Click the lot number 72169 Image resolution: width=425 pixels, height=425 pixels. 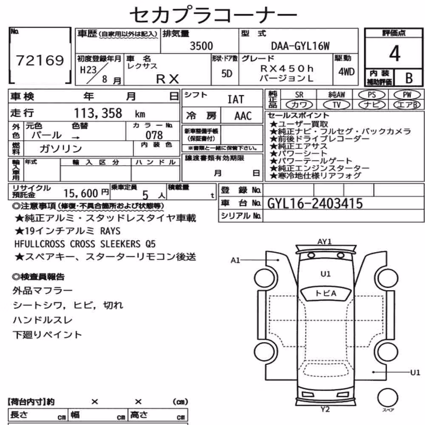[40, 60]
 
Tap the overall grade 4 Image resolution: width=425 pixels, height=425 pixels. [395, 53]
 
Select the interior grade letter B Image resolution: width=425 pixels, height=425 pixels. [409, 78]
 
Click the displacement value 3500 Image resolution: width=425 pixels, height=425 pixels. [201, 46]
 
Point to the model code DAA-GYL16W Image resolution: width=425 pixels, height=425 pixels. [300, 46]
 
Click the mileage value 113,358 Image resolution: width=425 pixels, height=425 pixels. [98, 113]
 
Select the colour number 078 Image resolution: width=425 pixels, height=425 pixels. [154, 135]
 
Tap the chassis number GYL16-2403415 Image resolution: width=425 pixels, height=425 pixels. [314, 203]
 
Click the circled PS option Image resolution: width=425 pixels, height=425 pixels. [371, 95]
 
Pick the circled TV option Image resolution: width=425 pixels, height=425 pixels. [336, 105]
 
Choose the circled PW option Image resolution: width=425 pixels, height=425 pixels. [407, 95]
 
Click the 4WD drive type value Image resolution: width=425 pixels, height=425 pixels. [346, 72]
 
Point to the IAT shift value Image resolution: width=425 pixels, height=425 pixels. [235, 99]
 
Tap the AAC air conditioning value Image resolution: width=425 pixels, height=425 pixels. [243, 116]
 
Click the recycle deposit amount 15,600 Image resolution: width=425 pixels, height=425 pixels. [81, 193]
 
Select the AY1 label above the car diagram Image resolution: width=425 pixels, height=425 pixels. [324, 241]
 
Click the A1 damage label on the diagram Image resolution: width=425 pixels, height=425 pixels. [235, 261]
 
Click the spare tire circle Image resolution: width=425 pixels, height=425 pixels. [388, 397]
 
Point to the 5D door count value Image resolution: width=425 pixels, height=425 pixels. [227, 74]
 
